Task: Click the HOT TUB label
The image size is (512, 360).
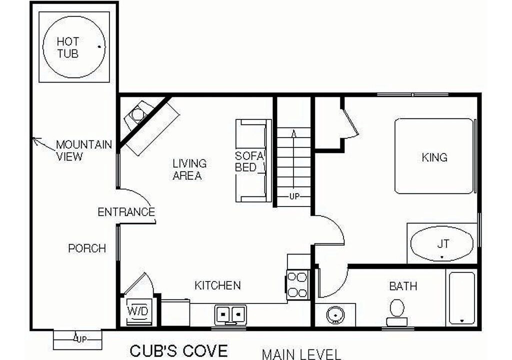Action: click(x=68, y=47)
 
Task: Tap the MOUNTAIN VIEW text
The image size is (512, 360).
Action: click(x=84, y=150)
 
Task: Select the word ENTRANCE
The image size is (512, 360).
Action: click(x=126, y=212)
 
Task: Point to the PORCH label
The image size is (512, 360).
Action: click(x=87, y=248)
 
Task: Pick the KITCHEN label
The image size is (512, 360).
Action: click(x=217, y=285)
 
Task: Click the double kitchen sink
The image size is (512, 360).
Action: click(x=230, y=314)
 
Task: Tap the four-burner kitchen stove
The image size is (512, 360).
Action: click(x=298, y=284)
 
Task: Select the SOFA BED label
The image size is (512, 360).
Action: click(x=249, y=161)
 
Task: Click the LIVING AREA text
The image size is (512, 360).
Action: click(x=189, y=169)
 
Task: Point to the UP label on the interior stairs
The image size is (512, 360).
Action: click(x=294, y=196)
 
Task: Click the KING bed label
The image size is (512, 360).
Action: click(x=434, y=157)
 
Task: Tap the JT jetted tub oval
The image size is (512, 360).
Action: click(x=441, y=244)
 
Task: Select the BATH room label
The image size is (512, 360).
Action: click(x=403, y=286)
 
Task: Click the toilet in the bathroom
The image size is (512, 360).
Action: click(x=397, y=312)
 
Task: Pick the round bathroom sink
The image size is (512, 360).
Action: click(x=335, y=315)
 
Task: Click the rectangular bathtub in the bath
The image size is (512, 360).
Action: click(x=461, y=298)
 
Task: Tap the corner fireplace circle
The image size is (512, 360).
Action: click(x=137, y=114)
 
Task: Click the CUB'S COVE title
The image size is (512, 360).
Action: click(x=178, y=351)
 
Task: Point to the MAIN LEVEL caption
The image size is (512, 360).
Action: click(x=301, y=354)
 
